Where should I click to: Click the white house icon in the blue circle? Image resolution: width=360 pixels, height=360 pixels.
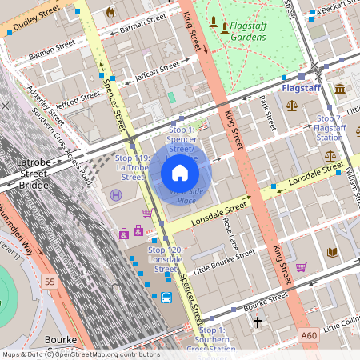pyautogui.click(x=180, y=172)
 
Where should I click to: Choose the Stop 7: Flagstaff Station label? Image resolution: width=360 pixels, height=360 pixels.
pyautogui.click(x=329, y=128)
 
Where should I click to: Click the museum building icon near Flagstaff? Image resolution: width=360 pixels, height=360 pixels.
pyautogui.click(x=341, y=88)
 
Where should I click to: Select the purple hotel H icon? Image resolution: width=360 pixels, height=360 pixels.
pyautogui.click(x=117, y=194)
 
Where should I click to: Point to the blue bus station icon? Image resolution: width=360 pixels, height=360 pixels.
pyautogui.click(x=166, y=298)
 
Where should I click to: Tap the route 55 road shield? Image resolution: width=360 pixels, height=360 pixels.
pyautogui.click(x=50, y=282)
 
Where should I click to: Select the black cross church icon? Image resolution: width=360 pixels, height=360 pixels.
pyautogui.click(x=258, y=322)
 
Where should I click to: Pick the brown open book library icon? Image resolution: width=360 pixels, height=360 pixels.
pyautogui.click(x=333, y=252)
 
